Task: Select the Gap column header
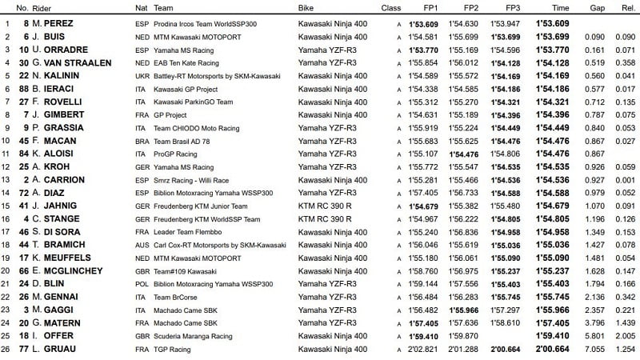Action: pos(594,8)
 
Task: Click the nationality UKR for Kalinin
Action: pos(143,75)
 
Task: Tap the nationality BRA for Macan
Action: pos(143,141)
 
